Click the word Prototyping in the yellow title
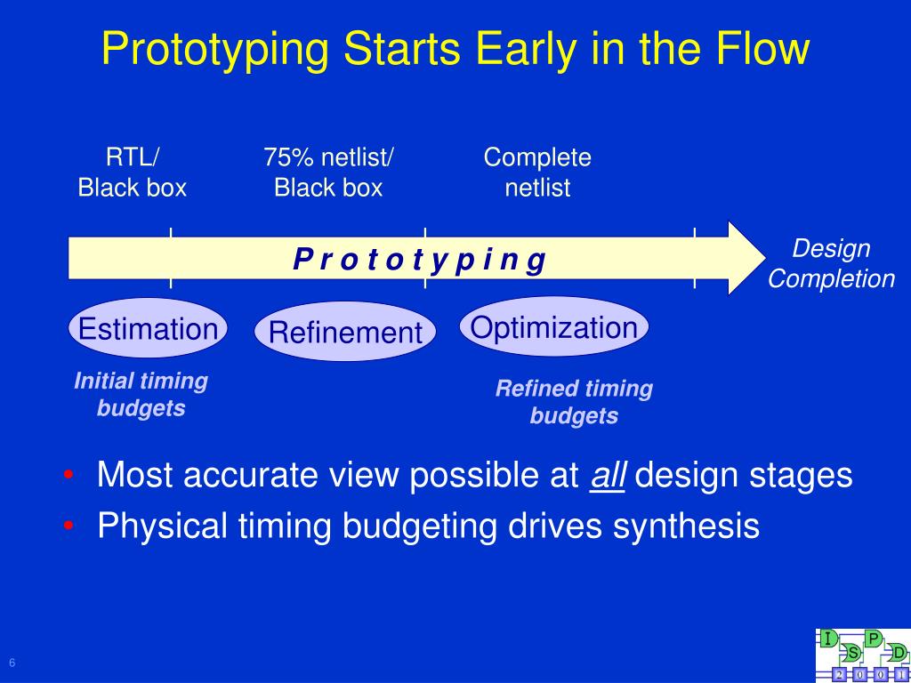(x=215, y=51)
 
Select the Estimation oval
(x=148, y=328)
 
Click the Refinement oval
(x=345, y=332)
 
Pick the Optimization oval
(x=553, y=327)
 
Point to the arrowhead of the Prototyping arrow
(x=765, y=258)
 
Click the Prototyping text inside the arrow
(x=420, y=260)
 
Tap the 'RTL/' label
(x=133, y=157)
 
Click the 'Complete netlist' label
(x=537, y=173)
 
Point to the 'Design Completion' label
(x=831, y=263)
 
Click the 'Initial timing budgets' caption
(x=141, y=394)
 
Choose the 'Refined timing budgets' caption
(x=574, y=403)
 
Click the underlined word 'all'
(x=607, y=475)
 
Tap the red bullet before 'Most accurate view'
(x=68, y=475)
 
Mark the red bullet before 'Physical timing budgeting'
(x=68, y=526)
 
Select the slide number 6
(x=12, y=663)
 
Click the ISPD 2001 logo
(x=863, y=655)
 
